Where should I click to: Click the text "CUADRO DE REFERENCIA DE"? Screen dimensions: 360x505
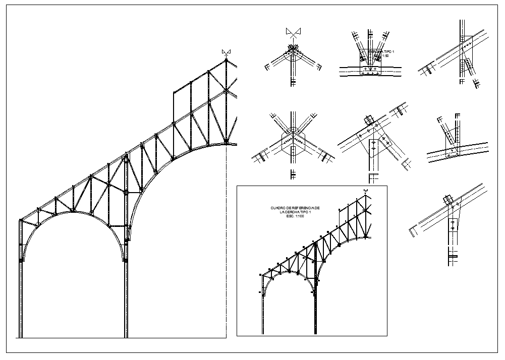295,208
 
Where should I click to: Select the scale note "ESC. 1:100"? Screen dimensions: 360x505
296,216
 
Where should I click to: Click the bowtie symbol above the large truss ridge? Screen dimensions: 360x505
226,52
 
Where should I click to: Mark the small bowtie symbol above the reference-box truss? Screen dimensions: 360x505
365,190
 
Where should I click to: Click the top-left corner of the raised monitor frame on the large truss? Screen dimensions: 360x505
173,92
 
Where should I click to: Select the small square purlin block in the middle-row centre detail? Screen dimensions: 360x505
368,119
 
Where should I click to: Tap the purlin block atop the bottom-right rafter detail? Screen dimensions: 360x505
447,198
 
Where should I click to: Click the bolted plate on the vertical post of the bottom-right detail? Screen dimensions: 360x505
452,225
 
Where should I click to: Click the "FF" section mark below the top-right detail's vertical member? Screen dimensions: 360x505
461,81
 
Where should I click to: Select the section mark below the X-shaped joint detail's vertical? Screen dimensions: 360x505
293,175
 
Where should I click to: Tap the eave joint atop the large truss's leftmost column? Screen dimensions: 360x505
21,220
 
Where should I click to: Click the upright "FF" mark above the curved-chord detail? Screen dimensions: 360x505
458,116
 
